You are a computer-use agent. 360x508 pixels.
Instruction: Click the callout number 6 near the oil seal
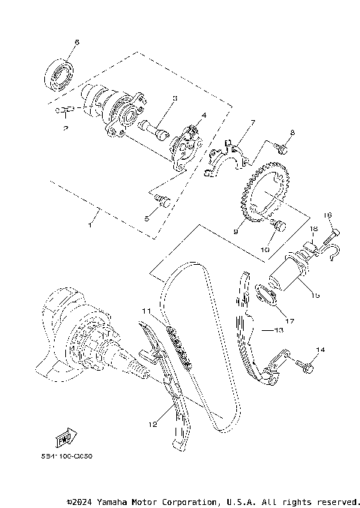click(76, 42)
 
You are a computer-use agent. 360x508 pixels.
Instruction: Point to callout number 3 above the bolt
click(174, 98)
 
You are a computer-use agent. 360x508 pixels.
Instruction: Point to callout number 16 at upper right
click(328, 215)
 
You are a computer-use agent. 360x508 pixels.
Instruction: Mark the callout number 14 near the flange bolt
click(321, 350)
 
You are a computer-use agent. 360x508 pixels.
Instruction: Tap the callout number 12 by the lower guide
click(152, 424)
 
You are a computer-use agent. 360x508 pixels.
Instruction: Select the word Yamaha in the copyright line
click(111, 500)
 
